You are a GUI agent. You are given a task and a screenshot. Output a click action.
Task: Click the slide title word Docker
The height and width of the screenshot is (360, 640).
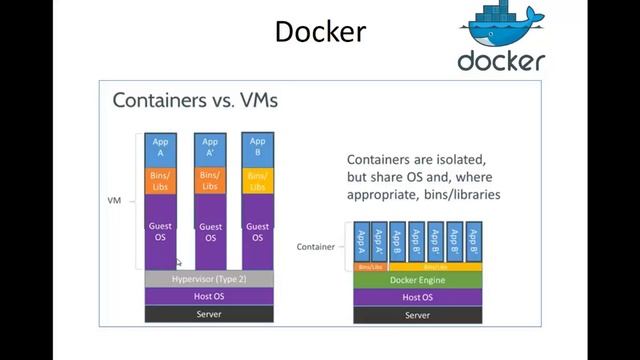tap(320, 32)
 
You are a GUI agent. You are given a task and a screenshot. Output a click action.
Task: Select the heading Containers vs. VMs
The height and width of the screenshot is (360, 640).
tap(195, 100)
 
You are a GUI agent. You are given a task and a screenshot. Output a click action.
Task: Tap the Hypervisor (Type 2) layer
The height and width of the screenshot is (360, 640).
tap(209, 279)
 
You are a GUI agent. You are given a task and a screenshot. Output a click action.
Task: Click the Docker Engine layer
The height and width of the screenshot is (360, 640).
tap(417, 280)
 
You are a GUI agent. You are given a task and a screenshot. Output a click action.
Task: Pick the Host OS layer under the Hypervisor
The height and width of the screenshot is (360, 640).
tap(209, 297)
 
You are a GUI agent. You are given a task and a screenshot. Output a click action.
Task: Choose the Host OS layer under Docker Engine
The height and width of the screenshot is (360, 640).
tap(417, 297)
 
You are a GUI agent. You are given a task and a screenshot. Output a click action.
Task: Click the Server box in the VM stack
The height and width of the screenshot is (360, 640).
tap(209, 315)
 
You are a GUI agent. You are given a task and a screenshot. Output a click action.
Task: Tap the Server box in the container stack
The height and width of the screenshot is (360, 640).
tap(417, 315)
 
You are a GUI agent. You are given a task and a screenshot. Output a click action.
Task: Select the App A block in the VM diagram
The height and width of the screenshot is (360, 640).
tap(160, 148)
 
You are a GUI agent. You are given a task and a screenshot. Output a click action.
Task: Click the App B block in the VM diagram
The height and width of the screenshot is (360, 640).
tap(257, 148)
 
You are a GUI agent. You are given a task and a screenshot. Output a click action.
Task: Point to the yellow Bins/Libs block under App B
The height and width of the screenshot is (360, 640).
tap(257, 181)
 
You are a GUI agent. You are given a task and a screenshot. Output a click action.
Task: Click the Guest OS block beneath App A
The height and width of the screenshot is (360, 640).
tap(160, 232)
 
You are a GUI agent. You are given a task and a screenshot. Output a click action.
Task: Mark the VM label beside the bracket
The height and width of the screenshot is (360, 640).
tap(114, 201)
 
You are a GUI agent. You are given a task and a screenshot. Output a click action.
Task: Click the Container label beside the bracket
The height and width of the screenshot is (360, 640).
tap(316, 246)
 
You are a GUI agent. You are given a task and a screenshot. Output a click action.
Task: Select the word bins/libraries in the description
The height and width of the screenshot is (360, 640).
tap(456, 195)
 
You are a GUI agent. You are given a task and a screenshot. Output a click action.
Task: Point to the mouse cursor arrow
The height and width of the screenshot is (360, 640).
tap(179, 263)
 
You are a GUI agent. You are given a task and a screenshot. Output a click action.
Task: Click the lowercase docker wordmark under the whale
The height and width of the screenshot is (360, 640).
tap(501, 60)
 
